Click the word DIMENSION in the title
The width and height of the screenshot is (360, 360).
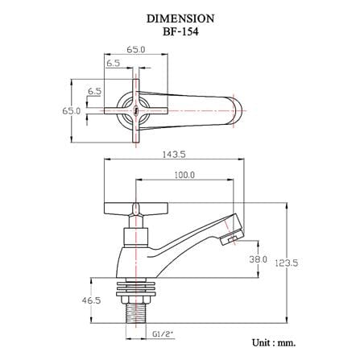click(180, 19)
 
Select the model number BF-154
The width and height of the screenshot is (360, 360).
click(180, 32)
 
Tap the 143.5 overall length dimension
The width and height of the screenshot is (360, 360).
click(174, 155)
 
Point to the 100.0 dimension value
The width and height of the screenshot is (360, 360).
click(184, 175)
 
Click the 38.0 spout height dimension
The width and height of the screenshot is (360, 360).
click(259, 259)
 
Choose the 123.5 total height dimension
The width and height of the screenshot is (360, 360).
click(286, 263)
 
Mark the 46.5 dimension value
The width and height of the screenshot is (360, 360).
click(92, 300)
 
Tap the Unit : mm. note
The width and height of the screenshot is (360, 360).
click(274, 343)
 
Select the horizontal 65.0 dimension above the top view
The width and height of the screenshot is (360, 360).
click(136, 50)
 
